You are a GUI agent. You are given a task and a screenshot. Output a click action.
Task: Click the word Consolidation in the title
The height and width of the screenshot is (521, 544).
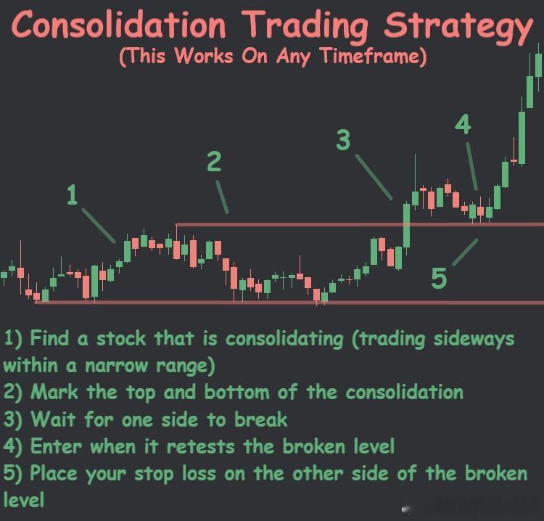(x=120, y=26)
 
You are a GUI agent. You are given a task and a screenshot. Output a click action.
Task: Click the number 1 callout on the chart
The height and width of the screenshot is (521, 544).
(x=71, y=194)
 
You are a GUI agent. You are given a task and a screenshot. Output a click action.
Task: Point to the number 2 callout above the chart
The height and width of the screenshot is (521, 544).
(x=213, y=161)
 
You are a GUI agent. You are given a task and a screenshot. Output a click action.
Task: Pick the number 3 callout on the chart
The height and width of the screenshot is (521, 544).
(x=343, y=139)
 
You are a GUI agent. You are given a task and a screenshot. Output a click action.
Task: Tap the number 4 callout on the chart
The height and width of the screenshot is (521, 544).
(x=463, y=125)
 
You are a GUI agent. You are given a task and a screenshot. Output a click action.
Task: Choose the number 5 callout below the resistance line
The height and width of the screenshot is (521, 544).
(x=439, y=278)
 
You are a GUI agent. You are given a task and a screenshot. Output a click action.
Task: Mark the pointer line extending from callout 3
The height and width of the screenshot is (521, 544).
(x=374, y=177)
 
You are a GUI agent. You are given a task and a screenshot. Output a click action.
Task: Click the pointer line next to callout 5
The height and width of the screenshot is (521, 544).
(x=465, y=251)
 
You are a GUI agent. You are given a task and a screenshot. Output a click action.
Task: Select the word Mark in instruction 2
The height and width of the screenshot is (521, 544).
(x=56, y=393)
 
